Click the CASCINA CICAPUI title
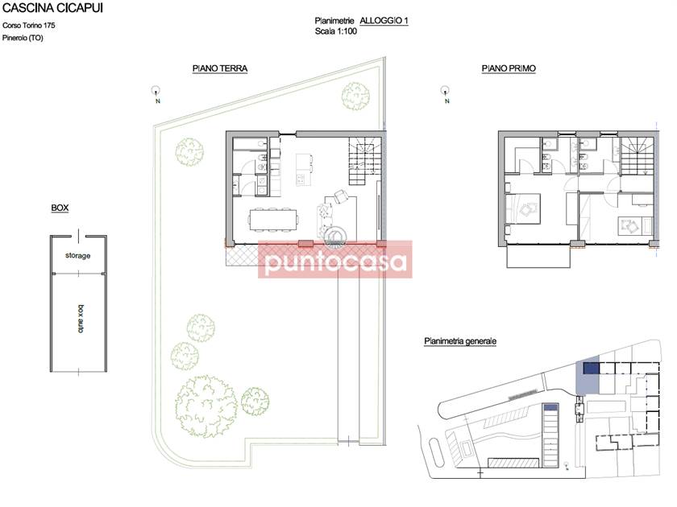pos(52,8)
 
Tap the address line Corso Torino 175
pos(28,26)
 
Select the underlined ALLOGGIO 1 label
pos(384,21)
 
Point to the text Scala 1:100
pos(336,31)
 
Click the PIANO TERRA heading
pos(220,68)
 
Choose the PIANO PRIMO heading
pos(509,68)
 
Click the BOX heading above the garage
pos(60,208)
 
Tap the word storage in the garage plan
pos(77,256)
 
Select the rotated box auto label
pos(81,319)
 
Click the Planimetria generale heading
pos(460,341)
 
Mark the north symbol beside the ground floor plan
pos(156,93)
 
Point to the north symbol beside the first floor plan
pos(445,93)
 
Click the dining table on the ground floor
pos(273,219)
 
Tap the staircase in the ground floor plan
pos(365,161)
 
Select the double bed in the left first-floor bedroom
pos(523,209)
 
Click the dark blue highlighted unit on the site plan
pos(591,369)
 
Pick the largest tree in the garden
pos(206,406)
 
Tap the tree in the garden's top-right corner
pos(355,96)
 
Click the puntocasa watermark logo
pos(335,259)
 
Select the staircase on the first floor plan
pos(637,155)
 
